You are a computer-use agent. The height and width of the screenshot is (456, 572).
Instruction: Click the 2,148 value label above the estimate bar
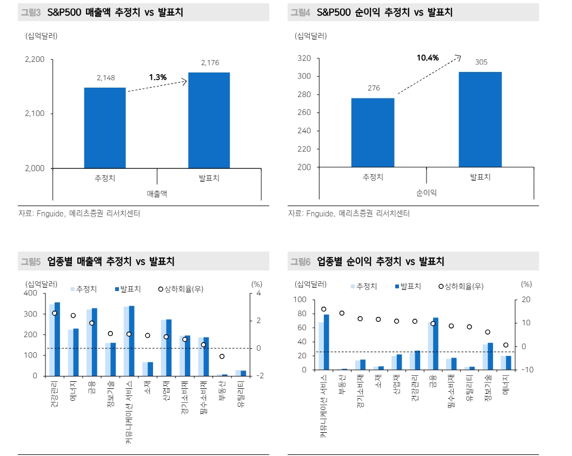tap(105, 78)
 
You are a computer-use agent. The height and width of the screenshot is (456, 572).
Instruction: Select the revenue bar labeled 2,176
tap(209, 120)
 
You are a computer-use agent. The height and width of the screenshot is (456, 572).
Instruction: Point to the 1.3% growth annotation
tap(158, 77)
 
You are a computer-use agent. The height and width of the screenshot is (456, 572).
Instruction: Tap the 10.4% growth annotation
tap(427, 58)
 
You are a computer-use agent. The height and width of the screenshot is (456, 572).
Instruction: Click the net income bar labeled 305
tap(480, 119)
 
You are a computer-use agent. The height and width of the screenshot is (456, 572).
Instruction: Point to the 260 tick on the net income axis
tap(304, 113)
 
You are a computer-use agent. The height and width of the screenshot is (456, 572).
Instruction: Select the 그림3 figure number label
tap(30, 12)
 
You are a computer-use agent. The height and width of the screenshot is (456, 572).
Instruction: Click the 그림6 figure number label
tap(300, 262)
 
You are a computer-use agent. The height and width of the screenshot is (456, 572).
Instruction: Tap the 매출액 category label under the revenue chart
tap(157, 193)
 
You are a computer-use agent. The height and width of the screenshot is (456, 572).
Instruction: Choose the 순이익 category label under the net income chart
tap(427, 193)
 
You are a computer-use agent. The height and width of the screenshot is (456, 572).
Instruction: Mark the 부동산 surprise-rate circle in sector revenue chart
tap(222, 356)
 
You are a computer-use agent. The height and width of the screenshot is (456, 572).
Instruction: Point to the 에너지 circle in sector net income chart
tap(506, 345)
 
